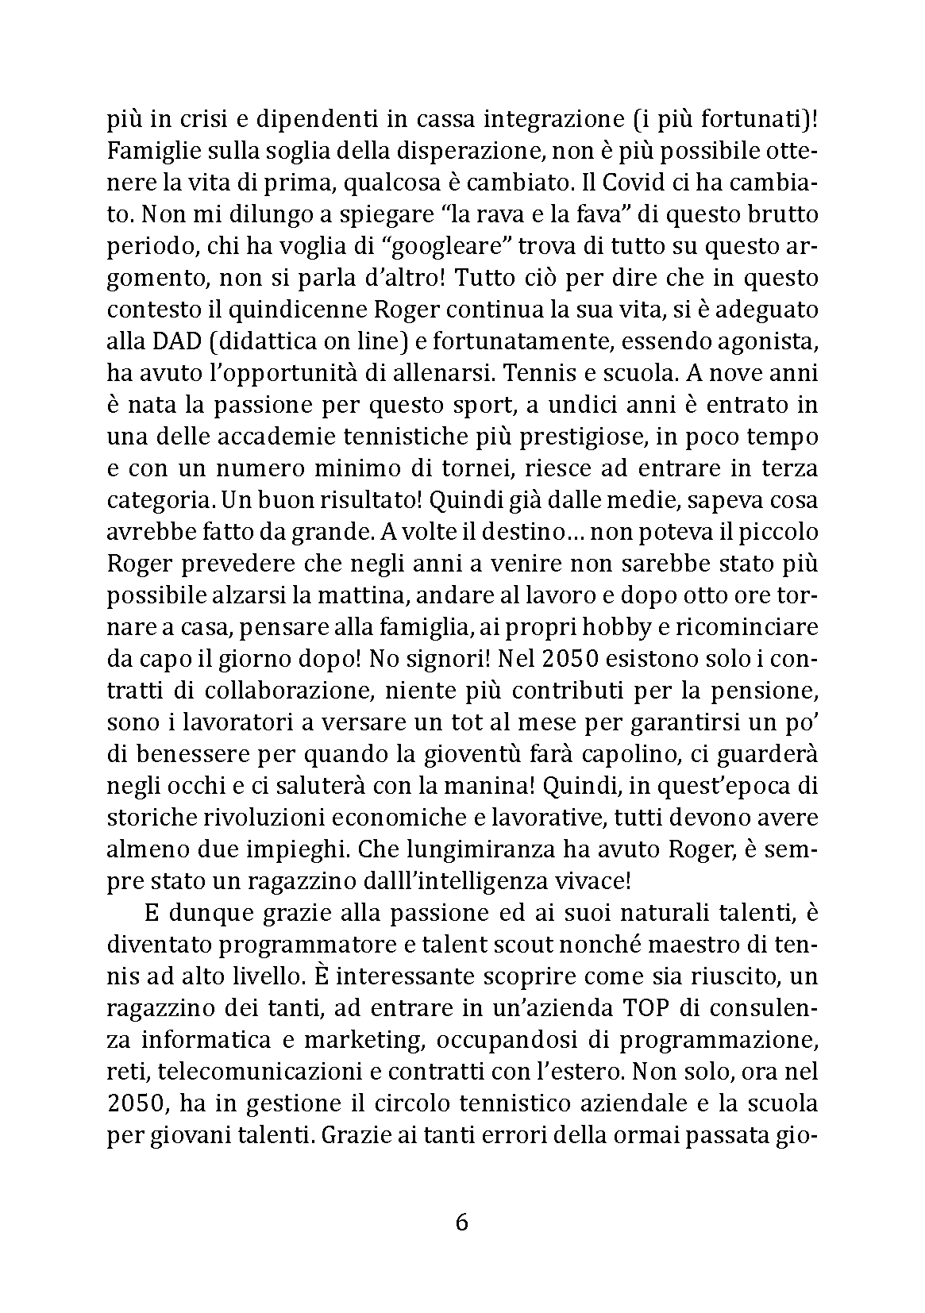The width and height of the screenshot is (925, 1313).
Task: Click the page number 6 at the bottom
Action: point(462,1222)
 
